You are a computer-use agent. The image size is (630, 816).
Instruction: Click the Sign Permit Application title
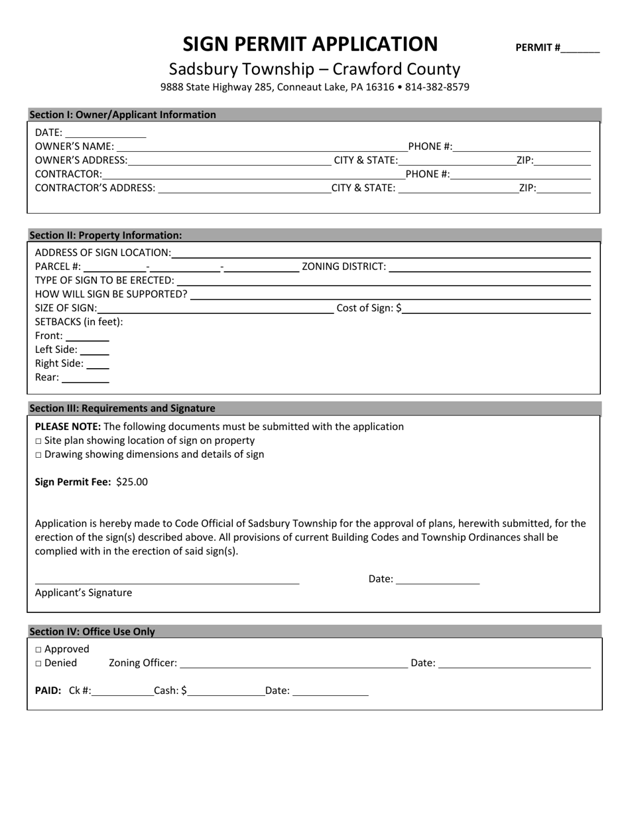tap(310, 44)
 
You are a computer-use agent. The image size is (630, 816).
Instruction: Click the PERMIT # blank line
tap(580, 48)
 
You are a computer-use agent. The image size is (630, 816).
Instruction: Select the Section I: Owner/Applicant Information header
tap(123, 115)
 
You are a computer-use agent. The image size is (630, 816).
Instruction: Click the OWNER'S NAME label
tap(74, 147)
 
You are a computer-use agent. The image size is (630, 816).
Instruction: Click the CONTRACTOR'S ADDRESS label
tap(95, 188)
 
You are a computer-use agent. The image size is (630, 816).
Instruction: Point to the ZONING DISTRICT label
tap(344, 267)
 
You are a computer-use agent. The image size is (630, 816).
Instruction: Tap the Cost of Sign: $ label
tap(369, 308)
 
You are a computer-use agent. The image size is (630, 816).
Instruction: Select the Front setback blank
tap(88, 336)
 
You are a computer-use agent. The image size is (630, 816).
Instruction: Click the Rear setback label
tap(46, 378)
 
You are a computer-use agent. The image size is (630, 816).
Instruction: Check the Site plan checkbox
tap(38, 441)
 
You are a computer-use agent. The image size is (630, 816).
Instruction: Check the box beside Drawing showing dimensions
tap(38, 455)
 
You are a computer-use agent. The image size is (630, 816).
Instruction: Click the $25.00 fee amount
tap(132, 482)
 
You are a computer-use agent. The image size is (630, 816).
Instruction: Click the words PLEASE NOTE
tap(68, 427)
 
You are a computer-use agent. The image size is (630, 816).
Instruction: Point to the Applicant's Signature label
tap(84, 593)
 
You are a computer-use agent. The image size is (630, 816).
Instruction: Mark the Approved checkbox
tap(38, 650)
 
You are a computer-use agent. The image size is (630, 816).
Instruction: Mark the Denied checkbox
tap(38, 664)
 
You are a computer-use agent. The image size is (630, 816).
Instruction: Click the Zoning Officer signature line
tap(293, 663)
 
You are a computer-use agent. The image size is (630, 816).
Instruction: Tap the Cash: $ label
tap(170, 691)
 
